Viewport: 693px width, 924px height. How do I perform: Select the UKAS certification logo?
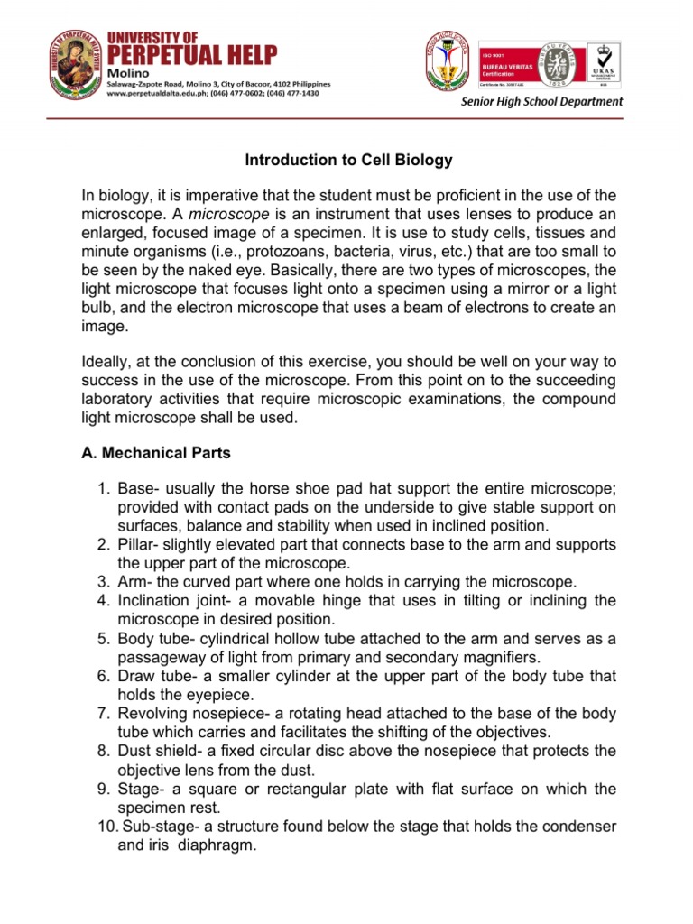605,65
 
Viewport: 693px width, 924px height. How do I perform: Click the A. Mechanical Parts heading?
156,454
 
